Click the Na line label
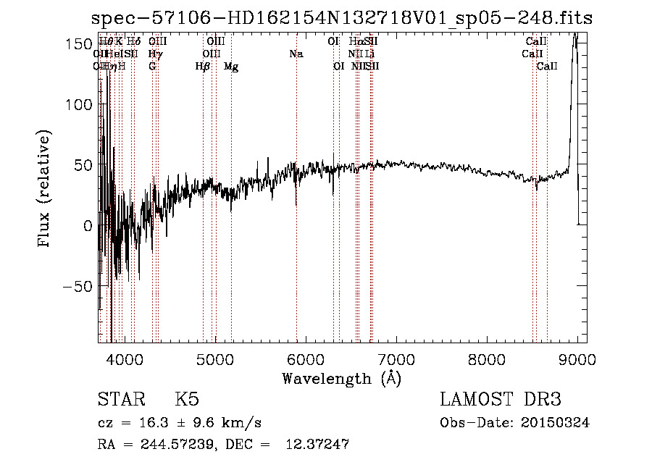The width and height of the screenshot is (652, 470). tap(296, 54)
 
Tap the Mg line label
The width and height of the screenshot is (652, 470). tap(231, 67)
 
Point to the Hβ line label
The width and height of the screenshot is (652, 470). tap(203, 67)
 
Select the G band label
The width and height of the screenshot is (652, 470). tap(152, 67)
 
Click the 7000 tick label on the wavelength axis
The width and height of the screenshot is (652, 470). tap(396, 359)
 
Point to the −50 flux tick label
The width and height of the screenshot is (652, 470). tap(75, 286)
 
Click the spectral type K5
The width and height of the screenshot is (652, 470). tap(187, 400)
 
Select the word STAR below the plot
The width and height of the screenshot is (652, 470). tap(120, 400)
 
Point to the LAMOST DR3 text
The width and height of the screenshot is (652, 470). tap(501, 400)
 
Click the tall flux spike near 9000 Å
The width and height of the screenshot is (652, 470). tap(574, 43)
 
